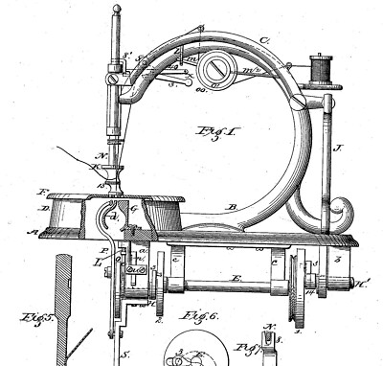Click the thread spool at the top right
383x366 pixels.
click(x=319, y=69)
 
